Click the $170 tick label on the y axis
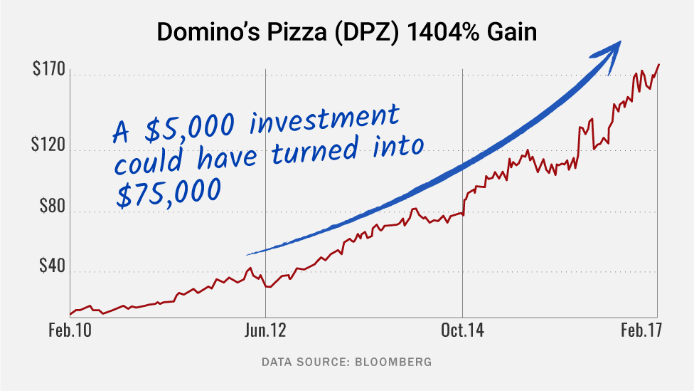pos(49,71)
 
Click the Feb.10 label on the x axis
pos(70,330)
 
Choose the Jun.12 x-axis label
pos(266,330)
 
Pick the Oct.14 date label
pos(463,330)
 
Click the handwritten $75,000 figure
pos(169,192)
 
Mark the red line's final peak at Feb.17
pos(658,65)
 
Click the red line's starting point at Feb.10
pos(70,313)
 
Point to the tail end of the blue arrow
pos(249,254)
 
